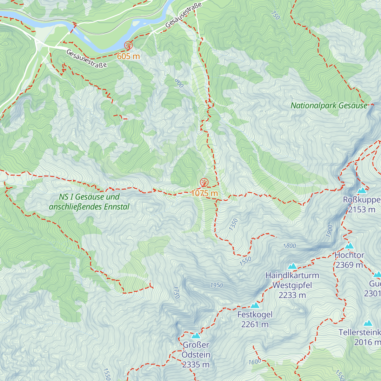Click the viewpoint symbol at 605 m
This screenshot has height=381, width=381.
point(128,45)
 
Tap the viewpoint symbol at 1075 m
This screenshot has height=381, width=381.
point(204,183)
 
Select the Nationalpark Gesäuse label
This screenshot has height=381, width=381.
point(329,106)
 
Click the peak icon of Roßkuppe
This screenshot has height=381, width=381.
point(362,190)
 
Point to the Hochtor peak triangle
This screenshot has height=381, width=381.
point(349,246)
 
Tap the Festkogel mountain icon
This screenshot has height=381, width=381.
point(255,305)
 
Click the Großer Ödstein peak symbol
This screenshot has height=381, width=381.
point(196,336)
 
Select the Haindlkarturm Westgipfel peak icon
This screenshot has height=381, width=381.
point(292,266)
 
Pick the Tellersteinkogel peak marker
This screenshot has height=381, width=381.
point(368,323)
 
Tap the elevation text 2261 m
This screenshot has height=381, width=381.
point(255,324)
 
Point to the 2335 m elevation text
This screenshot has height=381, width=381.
point(196,365)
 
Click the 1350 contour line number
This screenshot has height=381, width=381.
point(233,224)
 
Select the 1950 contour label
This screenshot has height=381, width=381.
point(217,285)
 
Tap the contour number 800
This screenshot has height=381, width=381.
point(179,83)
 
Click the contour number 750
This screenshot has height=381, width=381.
point(276,15)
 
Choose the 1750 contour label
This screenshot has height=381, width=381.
point(176,292)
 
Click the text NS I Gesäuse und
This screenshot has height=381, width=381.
point(89,197)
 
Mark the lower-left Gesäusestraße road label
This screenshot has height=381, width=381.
point(87,59)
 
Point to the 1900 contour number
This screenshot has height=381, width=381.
point(330,231)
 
